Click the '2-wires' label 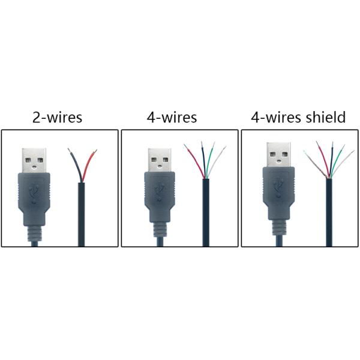point(57,117)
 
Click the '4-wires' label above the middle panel point(172,117)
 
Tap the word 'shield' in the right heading point(325,117)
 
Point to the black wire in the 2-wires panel point(75,162)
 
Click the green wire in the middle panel point(212,157)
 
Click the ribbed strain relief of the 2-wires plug point(37,232)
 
